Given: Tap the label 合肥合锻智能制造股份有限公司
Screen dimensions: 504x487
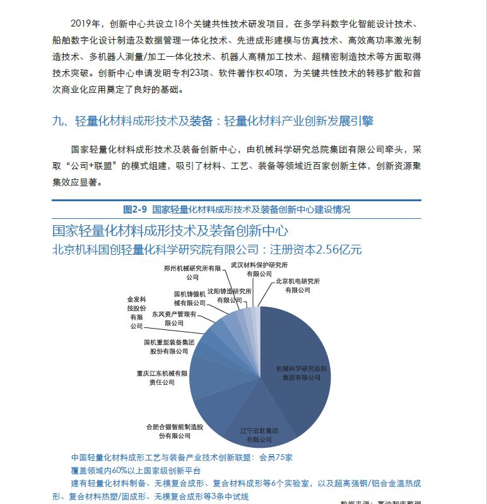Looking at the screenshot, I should [175, 431].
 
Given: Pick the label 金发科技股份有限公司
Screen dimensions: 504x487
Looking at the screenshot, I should [137, 312].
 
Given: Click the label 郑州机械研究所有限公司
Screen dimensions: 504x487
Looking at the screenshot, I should [192, 273].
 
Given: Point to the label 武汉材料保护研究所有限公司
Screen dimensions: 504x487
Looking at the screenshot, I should [259, 269].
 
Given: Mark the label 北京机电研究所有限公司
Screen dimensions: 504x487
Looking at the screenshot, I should [298, 285].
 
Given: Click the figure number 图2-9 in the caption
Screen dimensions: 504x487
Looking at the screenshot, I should [135, 209].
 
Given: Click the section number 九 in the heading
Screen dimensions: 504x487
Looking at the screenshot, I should [57, 121].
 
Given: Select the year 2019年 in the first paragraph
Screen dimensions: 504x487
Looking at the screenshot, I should [86, 25].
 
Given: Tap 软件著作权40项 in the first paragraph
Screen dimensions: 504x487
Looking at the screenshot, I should [249, 74].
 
